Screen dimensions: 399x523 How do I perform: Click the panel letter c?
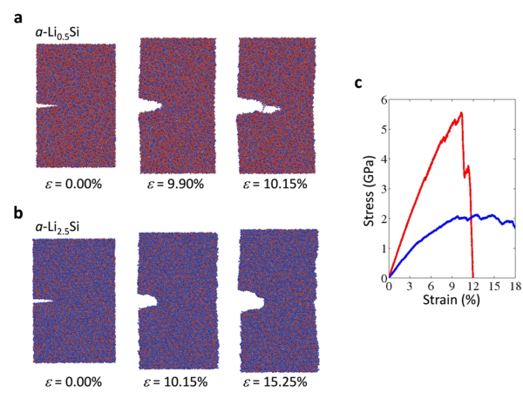coord(357,83)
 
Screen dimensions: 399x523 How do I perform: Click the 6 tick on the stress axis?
coord(382,101)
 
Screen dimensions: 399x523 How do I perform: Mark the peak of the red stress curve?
coord(461,112)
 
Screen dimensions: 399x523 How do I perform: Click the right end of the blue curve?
coord(514,227)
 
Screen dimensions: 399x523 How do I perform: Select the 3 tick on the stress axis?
coord(382,189)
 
